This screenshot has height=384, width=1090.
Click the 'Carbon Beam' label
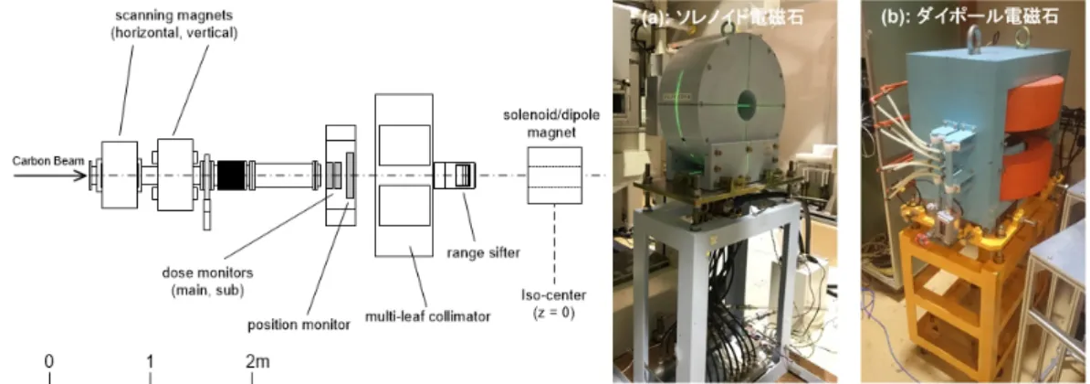coord(48,162)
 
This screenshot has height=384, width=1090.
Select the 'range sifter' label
coord(483,252)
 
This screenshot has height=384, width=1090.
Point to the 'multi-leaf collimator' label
coord(428,316)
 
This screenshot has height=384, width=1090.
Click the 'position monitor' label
coord(299,325)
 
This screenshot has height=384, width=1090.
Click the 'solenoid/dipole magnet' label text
coord(551,122)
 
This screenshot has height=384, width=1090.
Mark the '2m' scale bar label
coord(257,362)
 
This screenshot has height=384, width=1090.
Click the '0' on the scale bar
coord(49,362)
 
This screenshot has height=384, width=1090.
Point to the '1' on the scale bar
coord(150,362)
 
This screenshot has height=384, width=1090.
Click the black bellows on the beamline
coord(232,176)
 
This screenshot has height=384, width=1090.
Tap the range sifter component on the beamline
coord(455,176)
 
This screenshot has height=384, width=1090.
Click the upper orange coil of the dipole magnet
coord(1032,109)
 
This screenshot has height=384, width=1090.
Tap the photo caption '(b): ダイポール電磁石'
coord(969,16)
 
